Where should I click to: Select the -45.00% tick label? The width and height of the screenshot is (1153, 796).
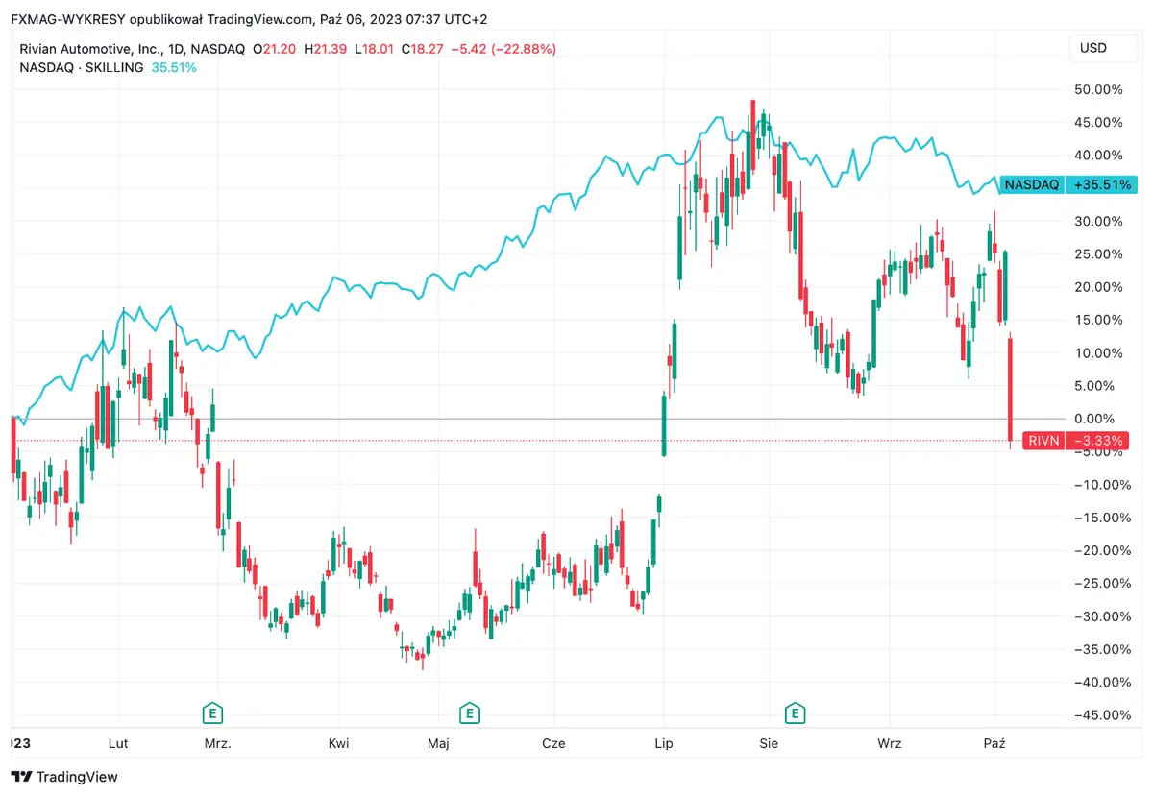(x=1097, y=715)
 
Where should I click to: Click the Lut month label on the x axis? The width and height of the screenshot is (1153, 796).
(x=118, y=743)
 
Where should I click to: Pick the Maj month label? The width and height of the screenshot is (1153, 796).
(x=438, y=743)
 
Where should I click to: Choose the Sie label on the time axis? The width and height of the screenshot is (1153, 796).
(x=768, y=743)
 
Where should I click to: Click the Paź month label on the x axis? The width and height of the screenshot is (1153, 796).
(x=995, y=743)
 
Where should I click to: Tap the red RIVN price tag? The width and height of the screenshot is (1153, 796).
(x=1043, y=441)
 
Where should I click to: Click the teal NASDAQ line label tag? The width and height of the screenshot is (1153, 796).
(x=1031, y=184)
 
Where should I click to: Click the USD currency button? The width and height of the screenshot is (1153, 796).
(x=1093, y=48)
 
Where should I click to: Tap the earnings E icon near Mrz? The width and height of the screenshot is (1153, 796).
(x=212, y=713)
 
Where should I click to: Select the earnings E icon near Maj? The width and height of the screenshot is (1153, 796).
(x=469, y=713)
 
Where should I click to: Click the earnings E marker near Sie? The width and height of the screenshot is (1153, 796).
(x=794, y=713)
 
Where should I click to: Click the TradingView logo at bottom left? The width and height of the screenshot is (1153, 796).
(x=64, y=776)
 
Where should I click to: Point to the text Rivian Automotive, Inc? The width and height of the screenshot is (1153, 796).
(x=91, y=49)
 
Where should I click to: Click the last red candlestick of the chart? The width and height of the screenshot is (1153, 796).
(x=1011, y=388)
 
